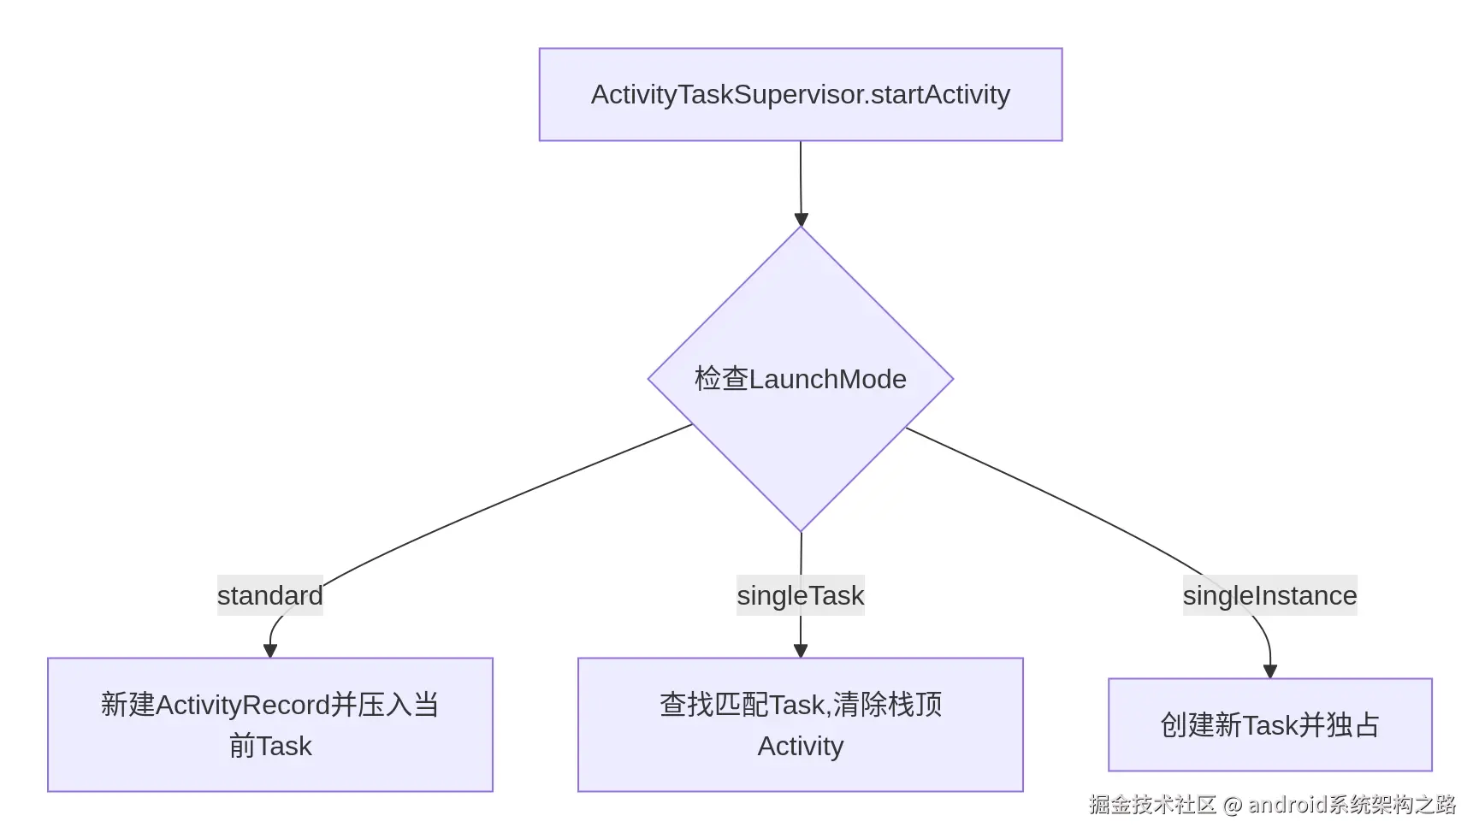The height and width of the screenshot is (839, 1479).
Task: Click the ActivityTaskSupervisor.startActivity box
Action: tap(800, 94)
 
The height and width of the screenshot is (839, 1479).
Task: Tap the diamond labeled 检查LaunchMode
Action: tap(800, 379)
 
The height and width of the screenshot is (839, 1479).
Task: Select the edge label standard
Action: tap(269, 595)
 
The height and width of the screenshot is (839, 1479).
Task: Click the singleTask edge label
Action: tap(800, 595)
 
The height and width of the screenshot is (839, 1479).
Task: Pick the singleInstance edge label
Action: tap(1269, 595)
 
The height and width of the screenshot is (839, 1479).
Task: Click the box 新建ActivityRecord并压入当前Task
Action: tap(269, 724)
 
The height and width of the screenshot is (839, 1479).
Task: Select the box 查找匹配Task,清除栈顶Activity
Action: tap(800, 724)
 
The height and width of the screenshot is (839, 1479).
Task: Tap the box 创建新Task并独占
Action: tap(1269, 724)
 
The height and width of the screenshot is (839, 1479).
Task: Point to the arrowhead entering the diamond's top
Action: tap(801, 220)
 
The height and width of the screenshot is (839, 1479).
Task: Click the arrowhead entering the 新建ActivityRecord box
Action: tap(270, 651)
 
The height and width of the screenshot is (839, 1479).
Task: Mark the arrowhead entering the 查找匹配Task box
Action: tap(801, 651)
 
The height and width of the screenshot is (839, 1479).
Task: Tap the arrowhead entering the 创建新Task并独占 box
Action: tap(1270, 671)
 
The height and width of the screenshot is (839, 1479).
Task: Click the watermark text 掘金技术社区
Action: tap(1152, 804)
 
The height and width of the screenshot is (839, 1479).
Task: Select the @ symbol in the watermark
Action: tap(1233, 805)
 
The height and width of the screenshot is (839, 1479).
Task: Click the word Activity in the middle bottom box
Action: tap(800, 746)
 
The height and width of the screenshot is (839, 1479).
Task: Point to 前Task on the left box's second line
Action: tap(269, 746)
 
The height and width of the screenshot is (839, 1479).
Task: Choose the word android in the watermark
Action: tap(1287, 804)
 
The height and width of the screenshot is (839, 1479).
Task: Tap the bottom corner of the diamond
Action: tap(801, 529)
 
